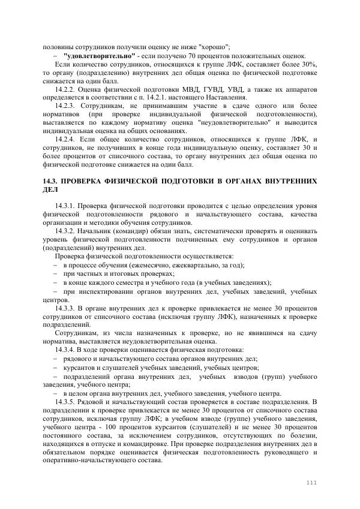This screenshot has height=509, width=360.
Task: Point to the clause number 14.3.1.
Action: pos(65,206)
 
